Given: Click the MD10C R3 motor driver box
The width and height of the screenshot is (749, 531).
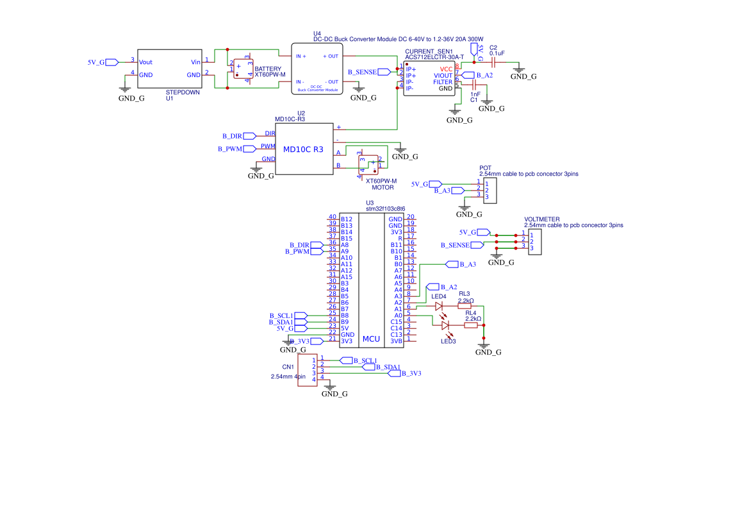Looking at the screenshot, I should click(x=304, y=149).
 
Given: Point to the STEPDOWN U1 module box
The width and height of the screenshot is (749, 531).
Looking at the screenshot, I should click(x=170, y=72).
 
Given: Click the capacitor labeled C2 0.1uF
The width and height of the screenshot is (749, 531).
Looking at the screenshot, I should click(x=493, y=62).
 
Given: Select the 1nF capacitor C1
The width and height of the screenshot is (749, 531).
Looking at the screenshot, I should click(x=475, y=85).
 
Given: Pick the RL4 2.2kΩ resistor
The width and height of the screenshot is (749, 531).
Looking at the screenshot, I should click(x=471, y=325).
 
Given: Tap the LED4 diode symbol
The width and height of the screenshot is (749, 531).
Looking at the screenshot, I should click(x=439, y=306).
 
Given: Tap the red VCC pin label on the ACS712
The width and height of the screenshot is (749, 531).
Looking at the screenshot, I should click(x=446, y=69).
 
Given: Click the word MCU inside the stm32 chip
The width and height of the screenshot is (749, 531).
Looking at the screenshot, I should click(x=371, y=338).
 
